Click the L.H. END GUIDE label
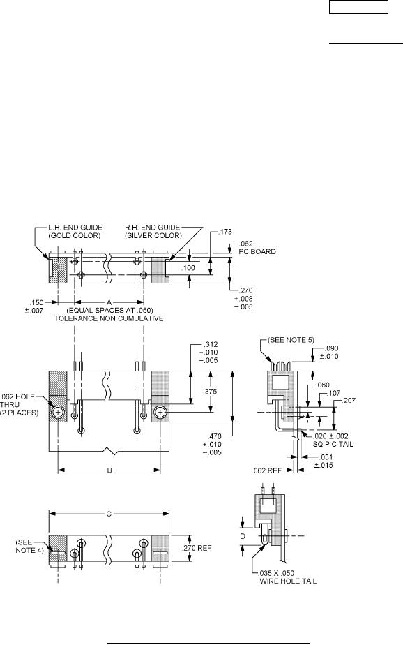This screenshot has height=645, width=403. (x=75, y=228)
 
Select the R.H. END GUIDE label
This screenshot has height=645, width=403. (x=153, y=228)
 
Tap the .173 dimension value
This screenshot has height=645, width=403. (x=225, y=232)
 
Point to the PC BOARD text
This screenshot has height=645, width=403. (x=257, y=252)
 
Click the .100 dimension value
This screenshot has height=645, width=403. (x=189, y=268)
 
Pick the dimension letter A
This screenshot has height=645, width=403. (x=109, y=302)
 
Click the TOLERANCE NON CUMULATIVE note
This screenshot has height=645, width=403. (x=109, y=318)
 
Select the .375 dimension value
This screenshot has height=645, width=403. (x=210, y=392)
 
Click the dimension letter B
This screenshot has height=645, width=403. (x=109, y=470)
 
